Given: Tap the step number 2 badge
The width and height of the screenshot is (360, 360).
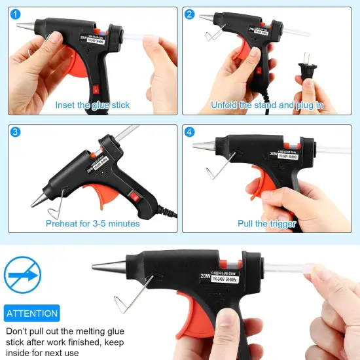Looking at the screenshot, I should tap(190, 14).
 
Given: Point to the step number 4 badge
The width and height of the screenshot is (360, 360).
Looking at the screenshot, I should tap(190, 132).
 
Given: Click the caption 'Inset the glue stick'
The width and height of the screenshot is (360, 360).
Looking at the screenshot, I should tap(92, 105).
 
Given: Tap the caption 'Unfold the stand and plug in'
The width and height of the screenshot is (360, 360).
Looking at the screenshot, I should tap(267, 105).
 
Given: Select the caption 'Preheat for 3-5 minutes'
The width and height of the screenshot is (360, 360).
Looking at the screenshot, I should tap(92, 223).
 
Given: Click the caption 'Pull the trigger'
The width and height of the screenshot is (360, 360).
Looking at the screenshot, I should tap(267, 223).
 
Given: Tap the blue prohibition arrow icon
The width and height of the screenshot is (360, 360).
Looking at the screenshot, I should tap(22, 274).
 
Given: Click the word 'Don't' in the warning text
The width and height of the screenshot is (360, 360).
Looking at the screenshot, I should tap(18, 331).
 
